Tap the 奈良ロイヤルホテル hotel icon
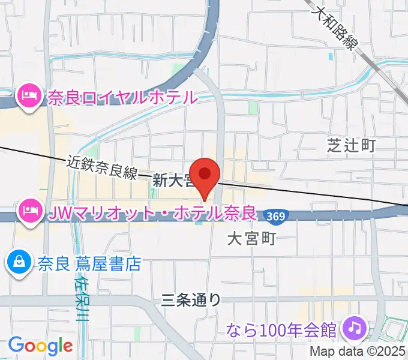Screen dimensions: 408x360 (28, 95)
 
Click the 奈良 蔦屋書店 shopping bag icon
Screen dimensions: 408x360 (19, 263)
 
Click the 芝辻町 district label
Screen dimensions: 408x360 (351, 145)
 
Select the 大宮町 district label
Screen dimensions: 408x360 (251, 239)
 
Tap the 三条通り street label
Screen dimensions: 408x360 (191, 300)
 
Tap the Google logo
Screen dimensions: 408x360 (40, 346)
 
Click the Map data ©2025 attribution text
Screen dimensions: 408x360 (358, 352)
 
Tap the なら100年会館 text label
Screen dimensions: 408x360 (282, 329)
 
